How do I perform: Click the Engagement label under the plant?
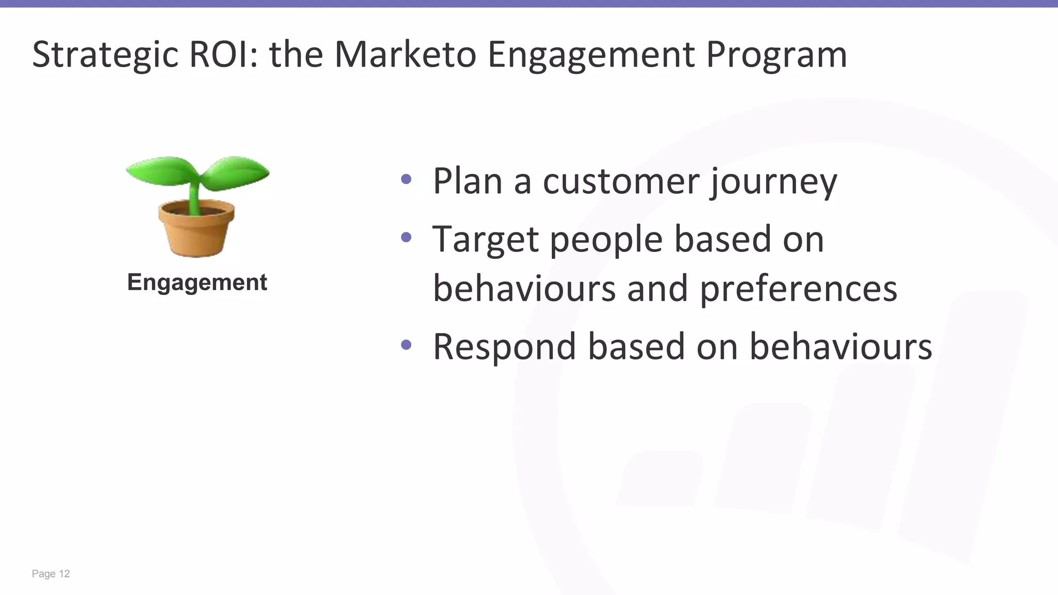197,283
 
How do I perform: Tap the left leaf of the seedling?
158,170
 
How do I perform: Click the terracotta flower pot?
196,232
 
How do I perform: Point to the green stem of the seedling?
194,196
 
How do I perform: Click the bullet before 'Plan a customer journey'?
406,179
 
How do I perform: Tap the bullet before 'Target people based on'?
406,237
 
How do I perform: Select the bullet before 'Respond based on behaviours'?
406,345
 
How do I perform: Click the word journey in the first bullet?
773,182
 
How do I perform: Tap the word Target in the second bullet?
486,240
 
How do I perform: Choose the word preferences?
798,289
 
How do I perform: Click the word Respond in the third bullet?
504,347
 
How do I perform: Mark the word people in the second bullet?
606,241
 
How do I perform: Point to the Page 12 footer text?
51,574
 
